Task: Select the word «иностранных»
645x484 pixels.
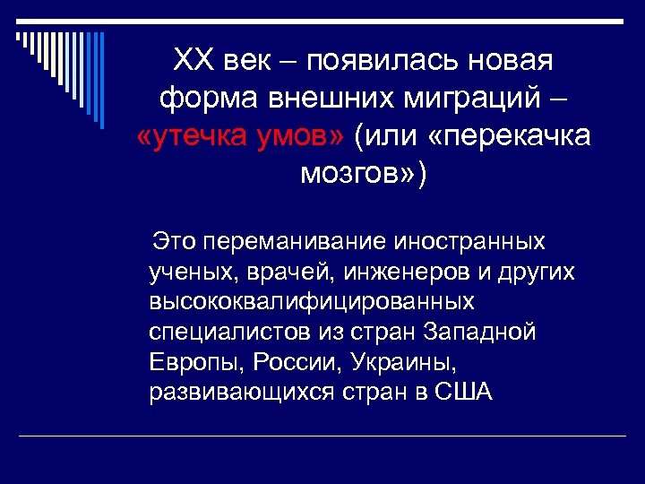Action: (x=470, y=241)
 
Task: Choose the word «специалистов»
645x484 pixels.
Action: (x=231, y=332)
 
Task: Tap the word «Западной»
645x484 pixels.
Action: (x=485, y=332)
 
